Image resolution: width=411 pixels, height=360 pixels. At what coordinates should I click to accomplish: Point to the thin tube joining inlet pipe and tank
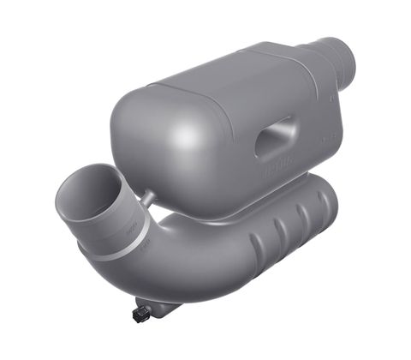coord(148,199)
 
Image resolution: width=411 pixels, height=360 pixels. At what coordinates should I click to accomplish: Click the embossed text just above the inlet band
coord(130,228)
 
